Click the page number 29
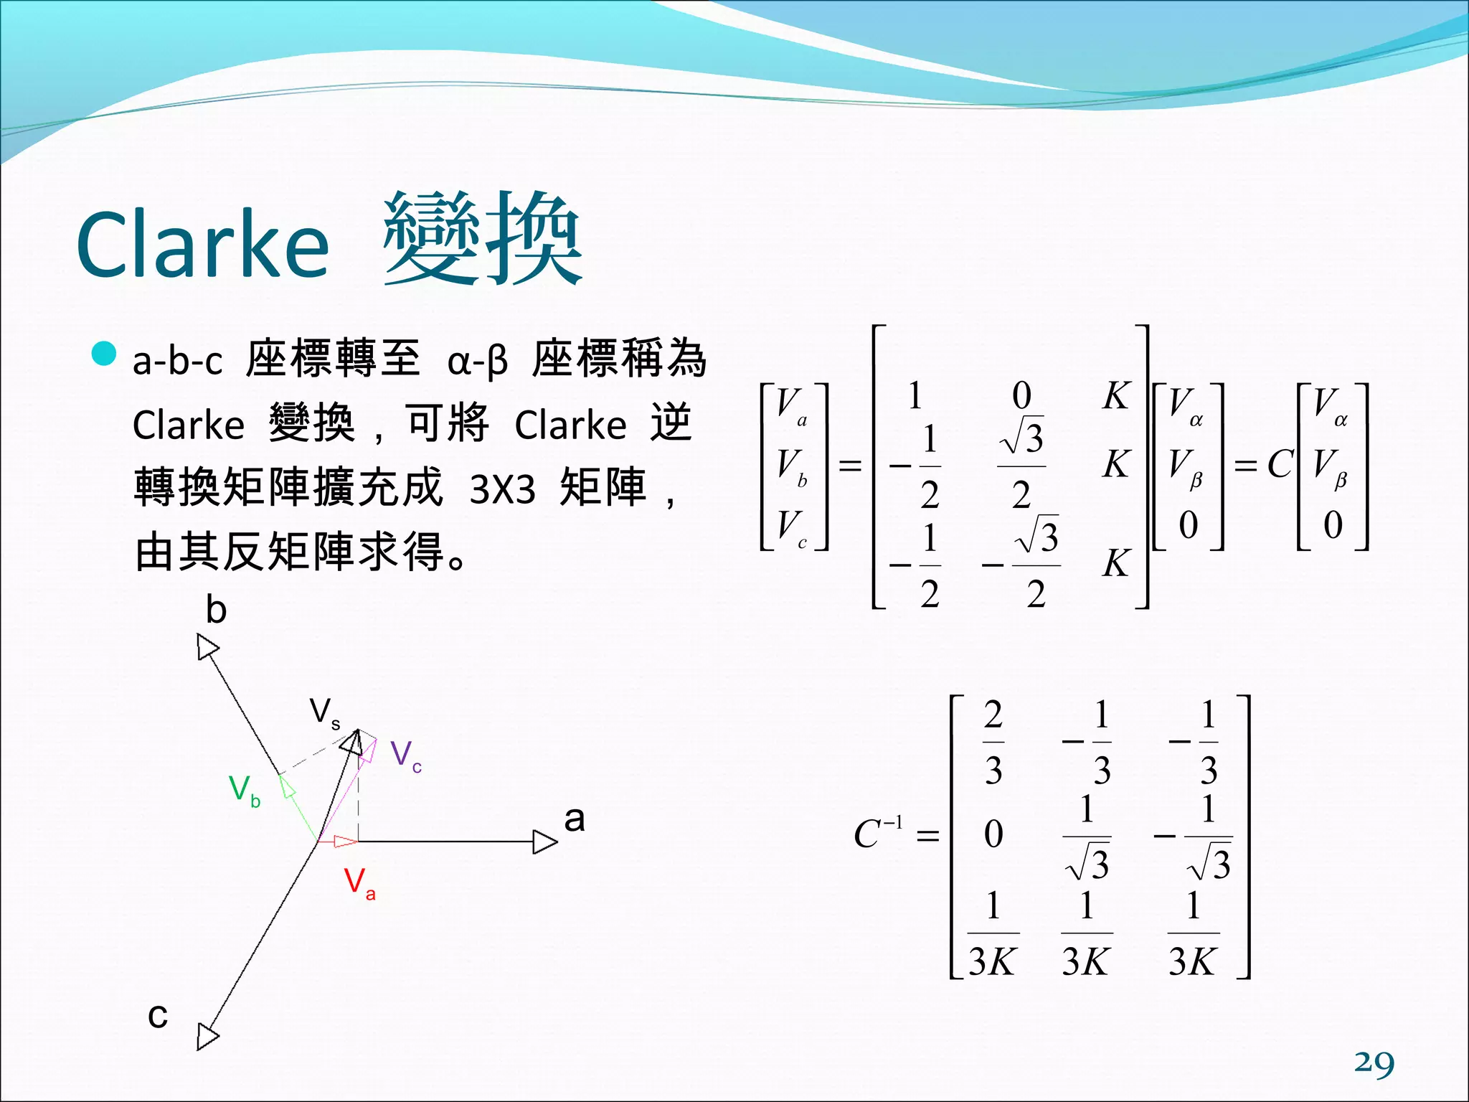1374,1063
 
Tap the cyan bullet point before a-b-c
105,353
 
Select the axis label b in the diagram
216,610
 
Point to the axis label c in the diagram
158,1015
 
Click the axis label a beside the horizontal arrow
575,819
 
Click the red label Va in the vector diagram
359,882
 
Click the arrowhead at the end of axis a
545,842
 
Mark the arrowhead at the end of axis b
207,647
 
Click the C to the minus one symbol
877,834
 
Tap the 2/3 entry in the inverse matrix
993,743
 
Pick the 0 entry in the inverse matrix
993,834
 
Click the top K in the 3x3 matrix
1116,396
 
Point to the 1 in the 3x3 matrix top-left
915,396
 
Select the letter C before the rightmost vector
1280,464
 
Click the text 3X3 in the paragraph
502,490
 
